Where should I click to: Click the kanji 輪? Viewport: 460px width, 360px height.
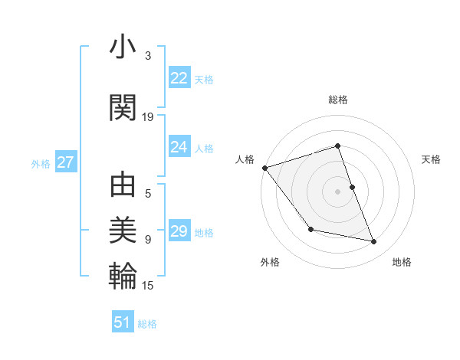coord(123,274)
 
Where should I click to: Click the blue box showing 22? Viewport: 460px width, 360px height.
coord(179,78)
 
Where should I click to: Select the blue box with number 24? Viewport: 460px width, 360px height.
coord(179,148)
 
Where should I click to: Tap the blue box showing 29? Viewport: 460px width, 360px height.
coord(179,232)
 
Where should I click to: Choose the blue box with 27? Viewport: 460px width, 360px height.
coord(66,163)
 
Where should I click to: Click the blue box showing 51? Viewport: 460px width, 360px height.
coord(122,323)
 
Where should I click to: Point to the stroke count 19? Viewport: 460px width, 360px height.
coord(148,117)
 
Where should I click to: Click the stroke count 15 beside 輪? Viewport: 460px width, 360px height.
coord(148,286)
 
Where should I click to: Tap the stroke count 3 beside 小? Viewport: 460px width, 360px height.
coord(148,56)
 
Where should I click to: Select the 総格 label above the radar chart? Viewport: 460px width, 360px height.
coord(337,100)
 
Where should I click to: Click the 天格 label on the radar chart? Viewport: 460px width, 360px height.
coord(431,159)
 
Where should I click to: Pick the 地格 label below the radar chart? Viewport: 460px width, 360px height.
coord(402,262)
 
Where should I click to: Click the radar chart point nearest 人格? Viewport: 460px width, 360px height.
coord(264,168)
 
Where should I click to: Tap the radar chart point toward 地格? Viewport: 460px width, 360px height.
coord(374,242)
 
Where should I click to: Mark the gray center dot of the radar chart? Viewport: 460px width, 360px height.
coord(337,191)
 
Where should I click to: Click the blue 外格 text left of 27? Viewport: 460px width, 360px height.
coord(41,164)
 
